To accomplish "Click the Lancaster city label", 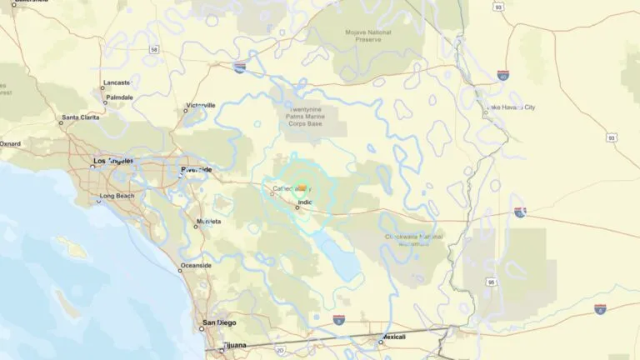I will coord(117,83).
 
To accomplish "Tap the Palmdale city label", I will coord(119,97).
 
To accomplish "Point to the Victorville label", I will coord(200,106).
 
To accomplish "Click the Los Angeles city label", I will coord(113,160).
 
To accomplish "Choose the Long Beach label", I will coord(116,197).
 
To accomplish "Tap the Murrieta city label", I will coord(207,222).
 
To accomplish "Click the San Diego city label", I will coord(219,322).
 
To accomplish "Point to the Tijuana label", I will coord(234,345).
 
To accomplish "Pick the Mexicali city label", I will coord(392,337).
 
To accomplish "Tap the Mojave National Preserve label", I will coord(367,36).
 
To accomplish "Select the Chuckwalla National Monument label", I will coord(414,240).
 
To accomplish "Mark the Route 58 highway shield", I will coord(154,50).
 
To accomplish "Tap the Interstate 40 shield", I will coord(502,75).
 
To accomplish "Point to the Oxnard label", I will coord(10,143).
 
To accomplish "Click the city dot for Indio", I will coord(297,207).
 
